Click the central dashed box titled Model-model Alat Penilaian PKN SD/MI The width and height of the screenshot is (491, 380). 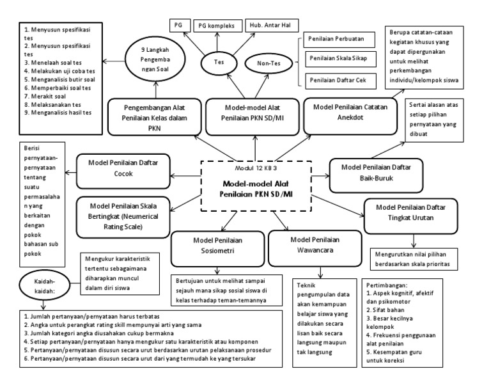pyautogui.click(x=256, y=186)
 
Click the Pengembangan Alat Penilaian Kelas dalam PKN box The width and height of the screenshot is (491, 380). pyautogui.click(x=147, y=115)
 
